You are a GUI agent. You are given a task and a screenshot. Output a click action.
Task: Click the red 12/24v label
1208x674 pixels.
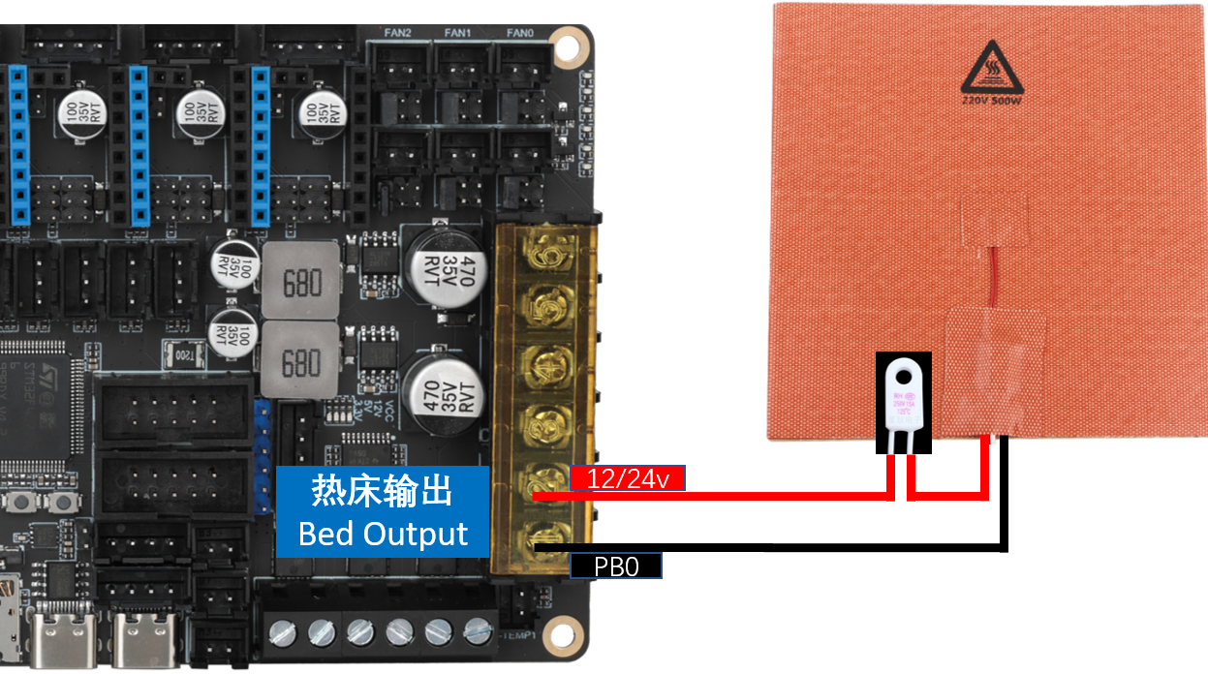(628, 477)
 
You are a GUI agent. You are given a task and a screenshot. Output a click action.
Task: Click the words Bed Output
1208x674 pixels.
(383, 534)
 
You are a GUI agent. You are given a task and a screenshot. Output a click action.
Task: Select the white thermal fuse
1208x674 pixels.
(904, 399)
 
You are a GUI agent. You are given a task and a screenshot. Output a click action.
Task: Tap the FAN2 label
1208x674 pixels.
(397, 33)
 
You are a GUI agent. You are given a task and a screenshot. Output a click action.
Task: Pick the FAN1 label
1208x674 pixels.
(457, 33)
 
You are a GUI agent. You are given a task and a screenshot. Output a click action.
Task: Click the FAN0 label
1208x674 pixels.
(519, 33)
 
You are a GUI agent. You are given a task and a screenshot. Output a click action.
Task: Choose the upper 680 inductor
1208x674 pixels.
(301, 284)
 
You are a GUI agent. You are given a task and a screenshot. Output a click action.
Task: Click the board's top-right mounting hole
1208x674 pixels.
(559, 44)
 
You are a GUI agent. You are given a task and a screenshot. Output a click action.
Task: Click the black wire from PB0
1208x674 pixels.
(775, 548)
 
